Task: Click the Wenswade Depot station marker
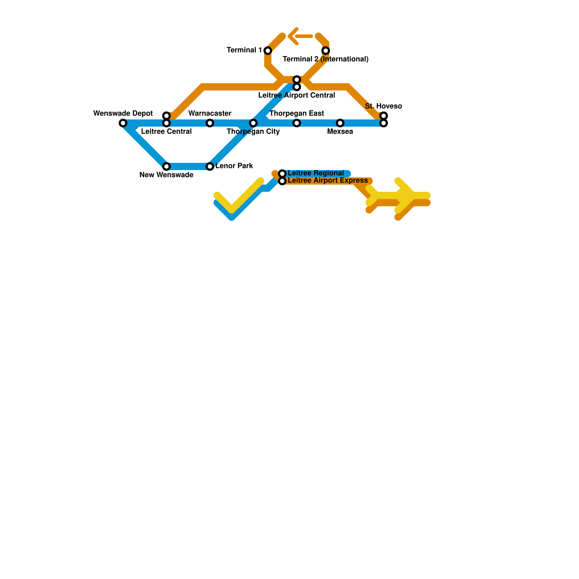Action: point(123,123)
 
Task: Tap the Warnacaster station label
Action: point(210,114)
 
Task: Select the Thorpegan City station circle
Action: point(253,123)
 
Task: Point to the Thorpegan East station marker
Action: point(297,123)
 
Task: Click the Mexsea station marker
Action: point(340,123)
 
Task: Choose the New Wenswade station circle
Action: point(166,166)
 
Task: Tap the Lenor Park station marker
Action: point(210,166)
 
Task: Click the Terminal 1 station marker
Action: point(268,50)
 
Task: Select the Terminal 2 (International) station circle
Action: point(326,50)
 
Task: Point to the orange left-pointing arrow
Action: point(300,36)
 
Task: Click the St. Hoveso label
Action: point(383,106)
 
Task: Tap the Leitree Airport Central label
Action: point(297,96)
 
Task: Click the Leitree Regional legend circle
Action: point(282,174)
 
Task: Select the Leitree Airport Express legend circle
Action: point(282,181)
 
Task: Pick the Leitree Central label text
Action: point(166,132)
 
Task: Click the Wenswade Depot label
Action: point(123,114)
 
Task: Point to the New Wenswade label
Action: point(166,175)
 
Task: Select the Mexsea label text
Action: point(340,132)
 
